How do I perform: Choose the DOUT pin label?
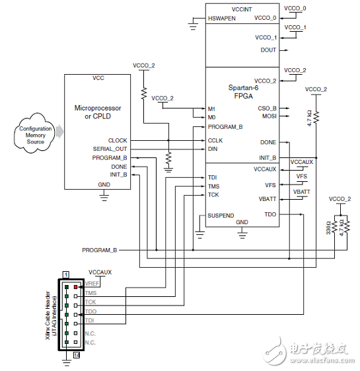[x=268, y=50]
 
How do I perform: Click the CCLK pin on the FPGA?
[x=215, y=140]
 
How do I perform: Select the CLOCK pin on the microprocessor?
[x=118, y=140]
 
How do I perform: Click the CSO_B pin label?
[x=268, y=108]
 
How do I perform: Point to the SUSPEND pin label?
[x=220, y=216]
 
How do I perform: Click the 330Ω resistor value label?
[x=328, y=227]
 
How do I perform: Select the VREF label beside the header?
[x=91, y=284]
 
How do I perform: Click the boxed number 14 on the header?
[x=77, y=356]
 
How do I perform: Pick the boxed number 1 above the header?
[x=66, y=274]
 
